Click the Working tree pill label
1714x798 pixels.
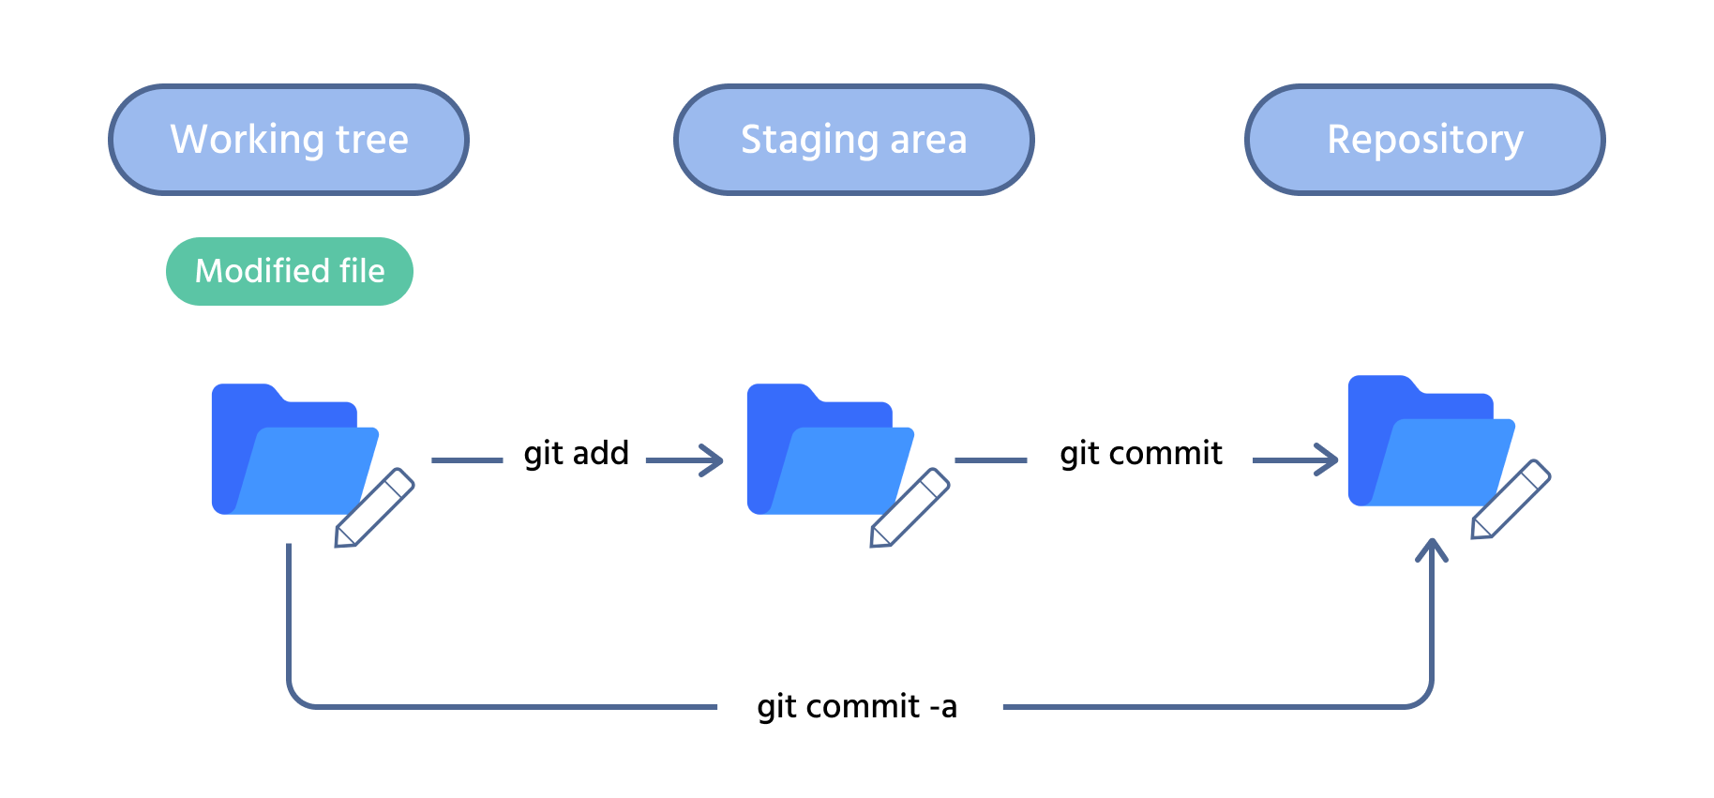[x=289, y=140]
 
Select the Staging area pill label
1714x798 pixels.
[x=853, y=140]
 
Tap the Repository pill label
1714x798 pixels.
[x=1424, y=140]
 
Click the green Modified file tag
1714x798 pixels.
[x=289, y=271]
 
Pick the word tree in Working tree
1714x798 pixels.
[x=372, y=140]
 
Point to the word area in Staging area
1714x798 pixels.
[x=928, y=140]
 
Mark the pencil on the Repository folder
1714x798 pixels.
[x=1511, y=500]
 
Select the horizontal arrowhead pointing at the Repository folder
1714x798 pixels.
[x=1330, y=459]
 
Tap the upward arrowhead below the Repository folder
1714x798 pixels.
[x=1432, y=549]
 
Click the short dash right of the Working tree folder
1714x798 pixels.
[x=467, y=460]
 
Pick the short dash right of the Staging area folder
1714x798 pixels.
[x=991, y=460]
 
